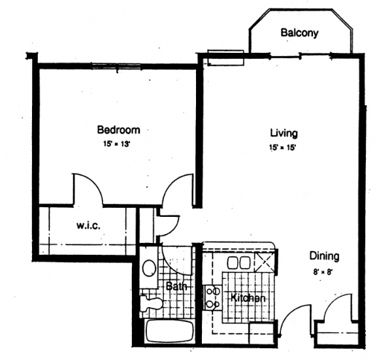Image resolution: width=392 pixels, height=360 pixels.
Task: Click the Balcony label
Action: [300, 33]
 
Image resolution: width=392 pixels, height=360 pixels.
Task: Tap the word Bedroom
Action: [118, 129]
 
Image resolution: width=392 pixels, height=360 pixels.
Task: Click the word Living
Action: [284, 134]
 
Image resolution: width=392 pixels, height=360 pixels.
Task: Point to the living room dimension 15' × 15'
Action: [284, 148]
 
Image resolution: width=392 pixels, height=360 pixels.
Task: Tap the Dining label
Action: [324, 256]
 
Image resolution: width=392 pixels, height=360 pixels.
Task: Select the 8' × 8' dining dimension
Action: [324, 270]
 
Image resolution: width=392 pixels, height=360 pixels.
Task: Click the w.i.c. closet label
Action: [88, 227]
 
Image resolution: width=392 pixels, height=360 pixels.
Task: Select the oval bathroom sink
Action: [149, 269]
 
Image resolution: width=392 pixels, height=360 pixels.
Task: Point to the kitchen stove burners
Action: [212, 297]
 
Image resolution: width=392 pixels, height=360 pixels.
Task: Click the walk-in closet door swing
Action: [88, 191]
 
